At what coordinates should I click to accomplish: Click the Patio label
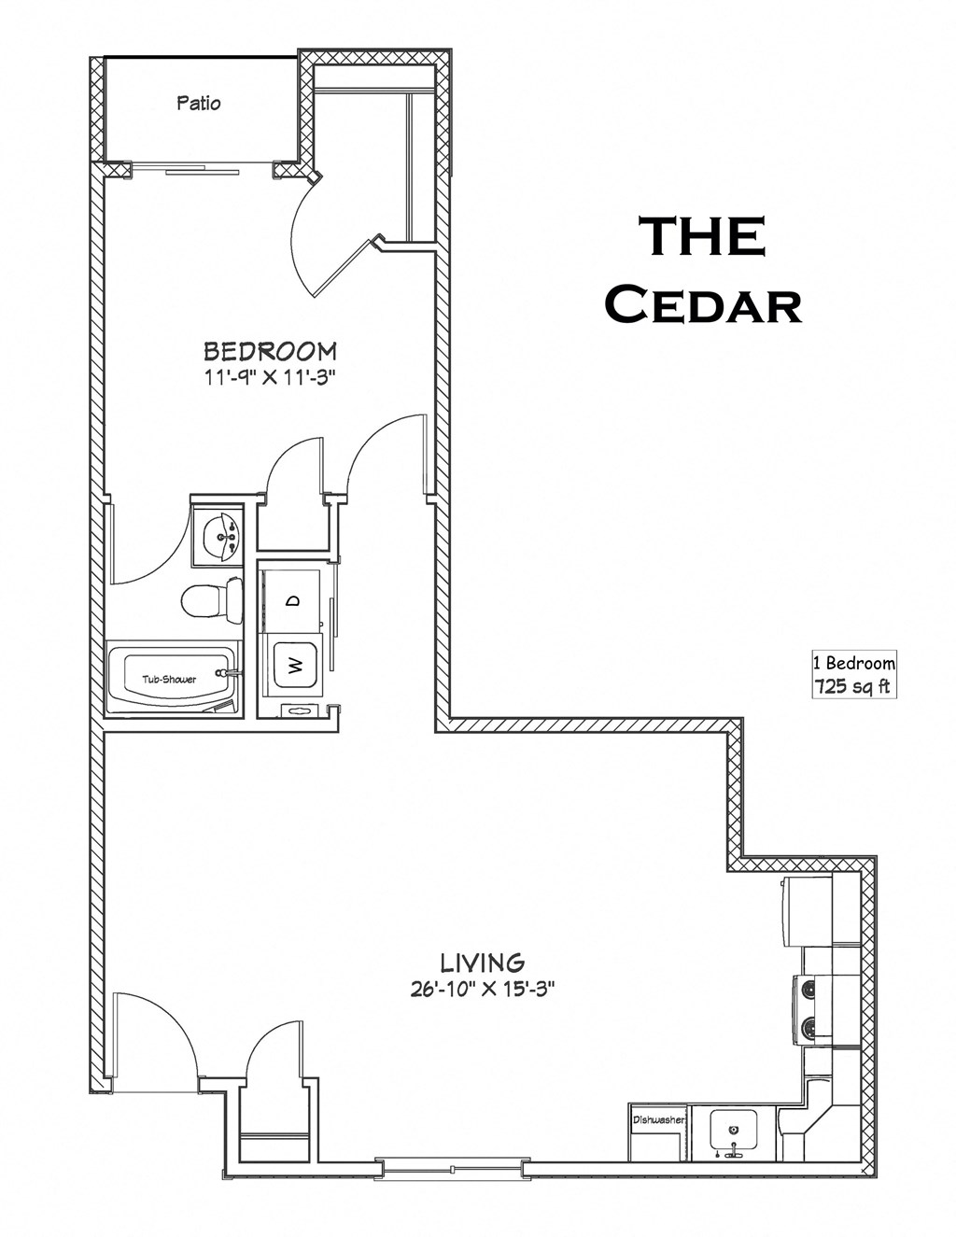(199, 103)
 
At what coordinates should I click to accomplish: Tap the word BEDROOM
(270, 351)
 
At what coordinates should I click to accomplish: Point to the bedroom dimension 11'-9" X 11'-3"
(270, 378)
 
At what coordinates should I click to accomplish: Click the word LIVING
(482, 963)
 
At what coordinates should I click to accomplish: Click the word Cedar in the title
(702, 304)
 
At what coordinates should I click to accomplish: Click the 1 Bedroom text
(853, 664)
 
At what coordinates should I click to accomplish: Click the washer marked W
(294, 666)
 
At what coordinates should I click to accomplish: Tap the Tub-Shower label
(169, 679)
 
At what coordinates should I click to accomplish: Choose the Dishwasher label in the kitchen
(659, 1118)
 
